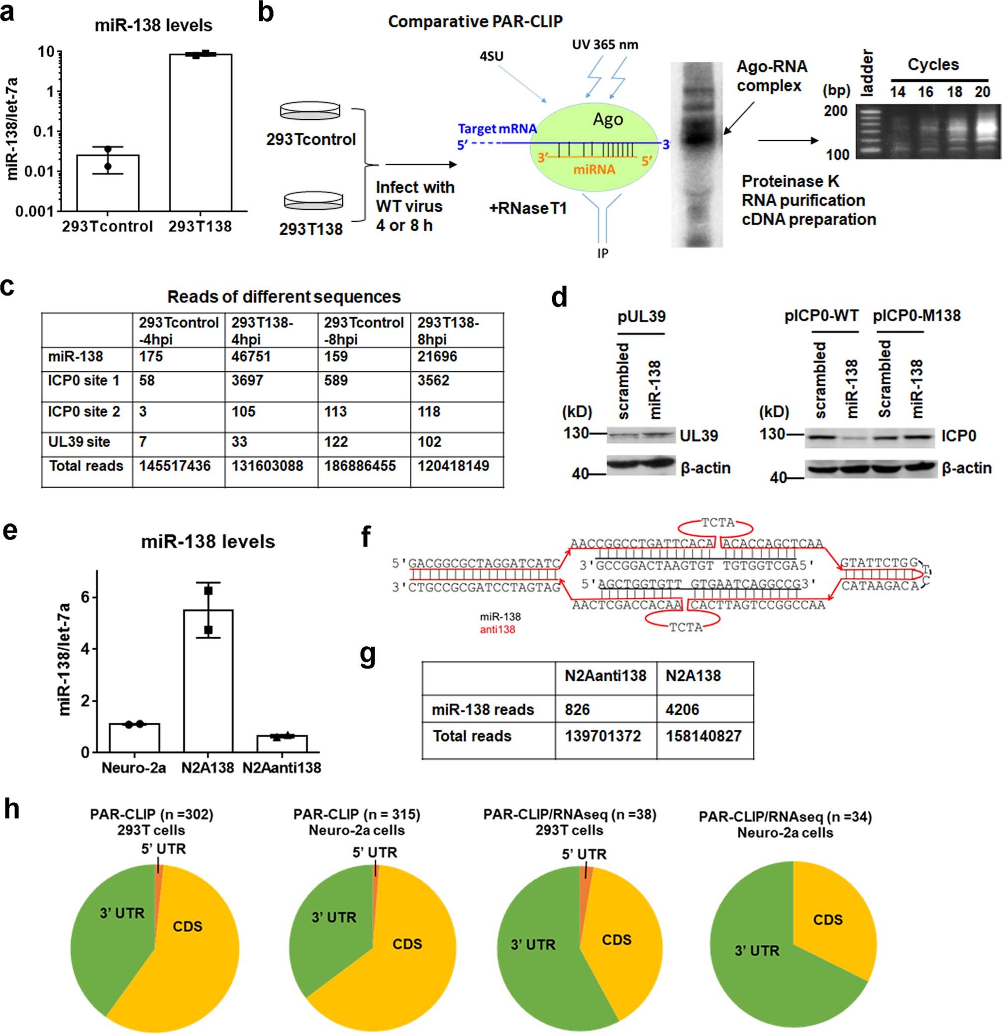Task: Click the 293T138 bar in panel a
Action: coord(200,132)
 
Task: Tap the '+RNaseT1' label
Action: coord(528,208)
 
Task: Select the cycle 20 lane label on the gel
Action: coord(982,92)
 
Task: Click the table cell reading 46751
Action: coord(251,357)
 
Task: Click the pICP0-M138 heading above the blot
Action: coord(916,316)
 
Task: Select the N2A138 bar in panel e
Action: coord(208,680)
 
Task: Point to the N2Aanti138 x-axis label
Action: coord(282,767)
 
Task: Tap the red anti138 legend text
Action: coord(497,629)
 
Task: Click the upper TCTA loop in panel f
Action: coord(717,523)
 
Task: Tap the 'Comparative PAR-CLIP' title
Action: coord(476,21)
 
